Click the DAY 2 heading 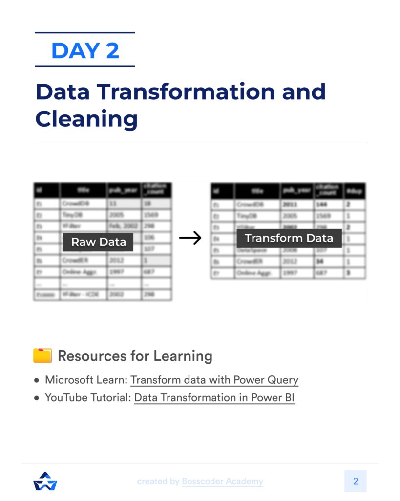click(85, 50)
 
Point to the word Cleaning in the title click(86, 118)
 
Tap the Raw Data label click(98, 242)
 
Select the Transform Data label click(289, 238)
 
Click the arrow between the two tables click(190, 238)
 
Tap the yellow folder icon click(42, 355)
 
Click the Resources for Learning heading click(135, 356)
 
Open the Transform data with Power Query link click(214, 380)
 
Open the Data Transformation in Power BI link click(214, 397)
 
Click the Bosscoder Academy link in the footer click(222, 481)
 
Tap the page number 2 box click(355, 481)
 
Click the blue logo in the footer click(45, 481)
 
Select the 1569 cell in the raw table click(156, 215)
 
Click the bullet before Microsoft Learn click(37, 380)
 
